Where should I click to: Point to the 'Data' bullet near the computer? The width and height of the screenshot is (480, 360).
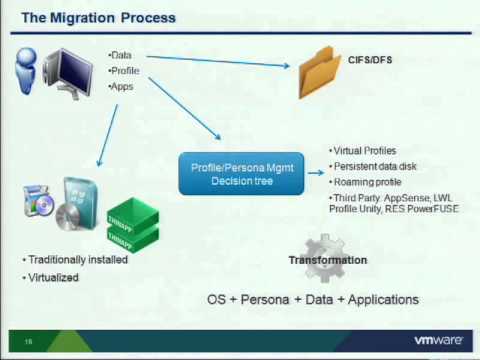(x=122, y=56)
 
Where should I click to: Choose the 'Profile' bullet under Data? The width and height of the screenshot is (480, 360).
(x=125, y=72)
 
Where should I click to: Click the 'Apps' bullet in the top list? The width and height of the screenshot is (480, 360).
(x=122, y=88)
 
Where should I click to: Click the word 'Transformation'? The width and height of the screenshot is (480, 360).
(x=328, y=261)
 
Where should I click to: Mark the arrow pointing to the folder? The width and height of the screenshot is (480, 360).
(x=220, y=63)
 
